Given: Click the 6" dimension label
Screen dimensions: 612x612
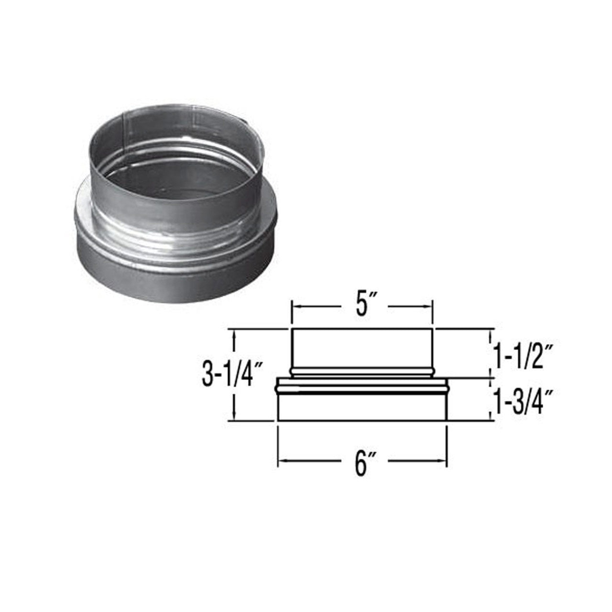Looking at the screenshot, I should tap(362, 462).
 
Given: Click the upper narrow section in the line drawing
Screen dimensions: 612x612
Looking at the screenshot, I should tap(362, 348).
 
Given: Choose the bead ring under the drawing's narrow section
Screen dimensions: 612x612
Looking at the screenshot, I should tap(362, 371).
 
